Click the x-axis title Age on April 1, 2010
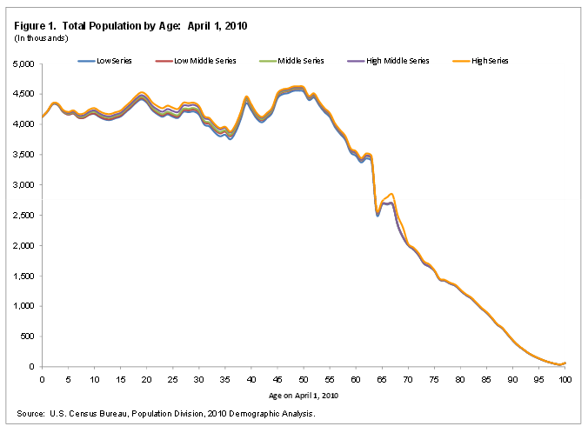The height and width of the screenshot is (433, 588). (304, 396)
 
